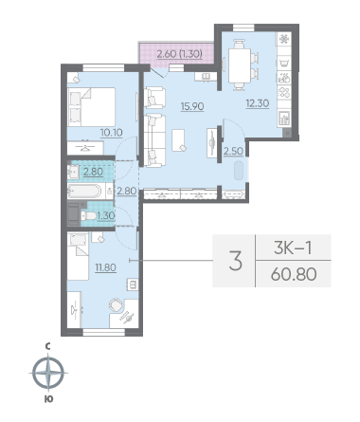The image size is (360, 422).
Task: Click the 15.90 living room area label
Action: [x=192, y=106]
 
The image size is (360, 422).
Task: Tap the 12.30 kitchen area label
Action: [x=258, y=103]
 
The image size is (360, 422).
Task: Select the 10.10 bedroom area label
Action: [x=112, y=133]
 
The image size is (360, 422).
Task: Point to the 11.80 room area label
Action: [x=106, y=267]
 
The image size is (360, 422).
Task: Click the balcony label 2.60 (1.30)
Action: [x=179, y=54]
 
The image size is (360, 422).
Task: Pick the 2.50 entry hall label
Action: [x=233, y=151]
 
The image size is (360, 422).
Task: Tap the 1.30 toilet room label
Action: [x=106, y=215]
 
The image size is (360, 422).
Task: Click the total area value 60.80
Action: [x=294, y=274]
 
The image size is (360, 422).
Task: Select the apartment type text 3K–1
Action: [x=293, y=248]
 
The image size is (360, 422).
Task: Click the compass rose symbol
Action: [x=48, y=372]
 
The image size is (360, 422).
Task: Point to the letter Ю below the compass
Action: [x=48, y=399]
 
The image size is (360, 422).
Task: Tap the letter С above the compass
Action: [x=47, y=347]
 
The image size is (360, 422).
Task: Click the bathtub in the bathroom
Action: [x=84, y=191]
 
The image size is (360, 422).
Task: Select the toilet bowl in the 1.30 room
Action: [x=89, y=216]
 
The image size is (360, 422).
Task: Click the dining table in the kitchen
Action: [x=240, y=65]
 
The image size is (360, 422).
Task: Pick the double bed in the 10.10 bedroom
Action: [x=92, y=107]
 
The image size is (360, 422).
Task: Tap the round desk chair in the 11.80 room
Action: [x=116, y=304]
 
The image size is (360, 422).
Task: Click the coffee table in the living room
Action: [x=178, y=140]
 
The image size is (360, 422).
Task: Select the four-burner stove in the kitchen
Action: [x=284, y=93]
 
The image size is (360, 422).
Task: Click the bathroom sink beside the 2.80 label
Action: [x=73, y=172]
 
